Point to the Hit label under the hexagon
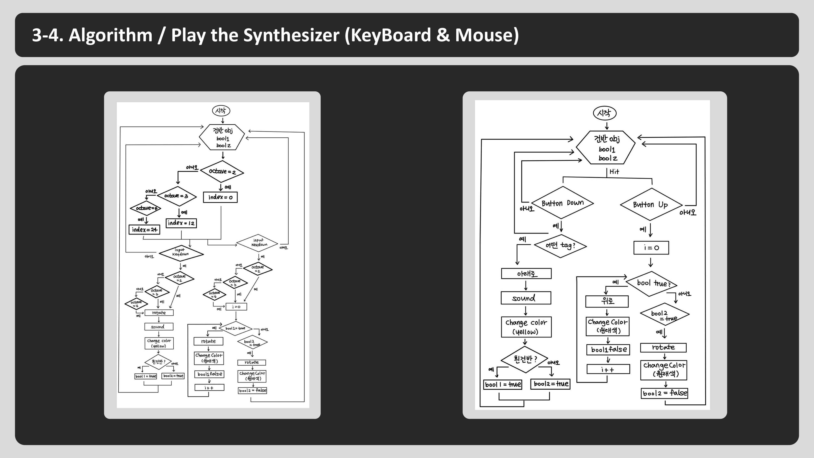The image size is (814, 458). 614,172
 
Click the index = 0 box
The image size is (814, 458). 220,197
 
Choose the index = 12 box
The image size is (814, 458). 181,223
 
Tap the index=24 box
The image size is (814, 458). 144,229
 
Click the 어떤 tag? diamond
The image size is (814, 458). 560,246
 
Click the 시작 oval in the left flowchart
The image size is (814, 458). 221,111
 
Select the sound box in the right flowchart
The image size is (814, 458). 526,298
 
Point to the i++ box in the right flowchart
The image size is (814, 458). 608,369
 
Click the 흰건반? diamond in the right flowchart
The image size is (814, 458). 525,359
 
